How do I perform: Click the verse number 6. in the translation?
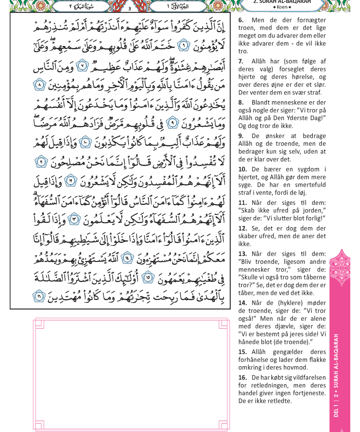coord(240,20)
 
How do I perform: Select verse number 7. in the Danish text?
coord(240,62)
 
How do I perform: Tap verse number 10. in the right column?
coord(242,169)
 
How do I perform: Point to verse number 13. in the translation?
coord(242,254)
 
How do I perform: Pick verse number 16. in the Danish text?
coord(242,378)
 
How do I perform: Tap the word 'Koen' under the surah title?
coord(282,7)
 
